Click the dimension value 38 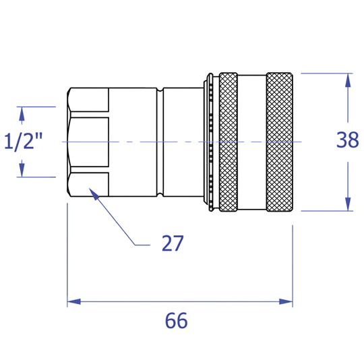(348, 140)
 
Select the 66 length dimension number (176, 320)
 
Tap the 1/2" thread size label (24, 141)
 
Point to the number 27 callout (173, 243)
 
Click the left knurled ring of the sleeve (229, 142)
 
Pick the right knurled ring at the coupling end (280, 142)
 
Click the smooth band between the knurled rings (252, 142)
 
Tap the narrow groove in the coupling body (160, 142)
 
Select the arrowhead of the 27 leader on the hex (94, 194)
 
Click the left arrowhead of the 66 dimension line (74, 301)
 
